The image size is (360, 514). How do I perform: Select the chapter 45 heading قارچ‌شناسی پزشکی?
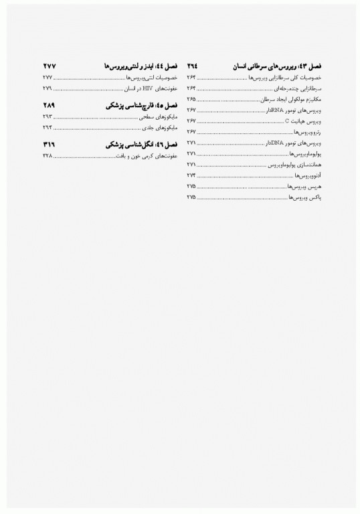139,106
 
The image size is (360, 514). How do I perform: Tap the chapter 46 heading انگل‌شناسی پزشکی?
139,145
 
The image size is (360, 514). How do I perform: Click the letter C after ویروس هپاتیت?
288,120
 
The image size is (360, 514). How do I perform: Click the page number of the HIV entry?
46,88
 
